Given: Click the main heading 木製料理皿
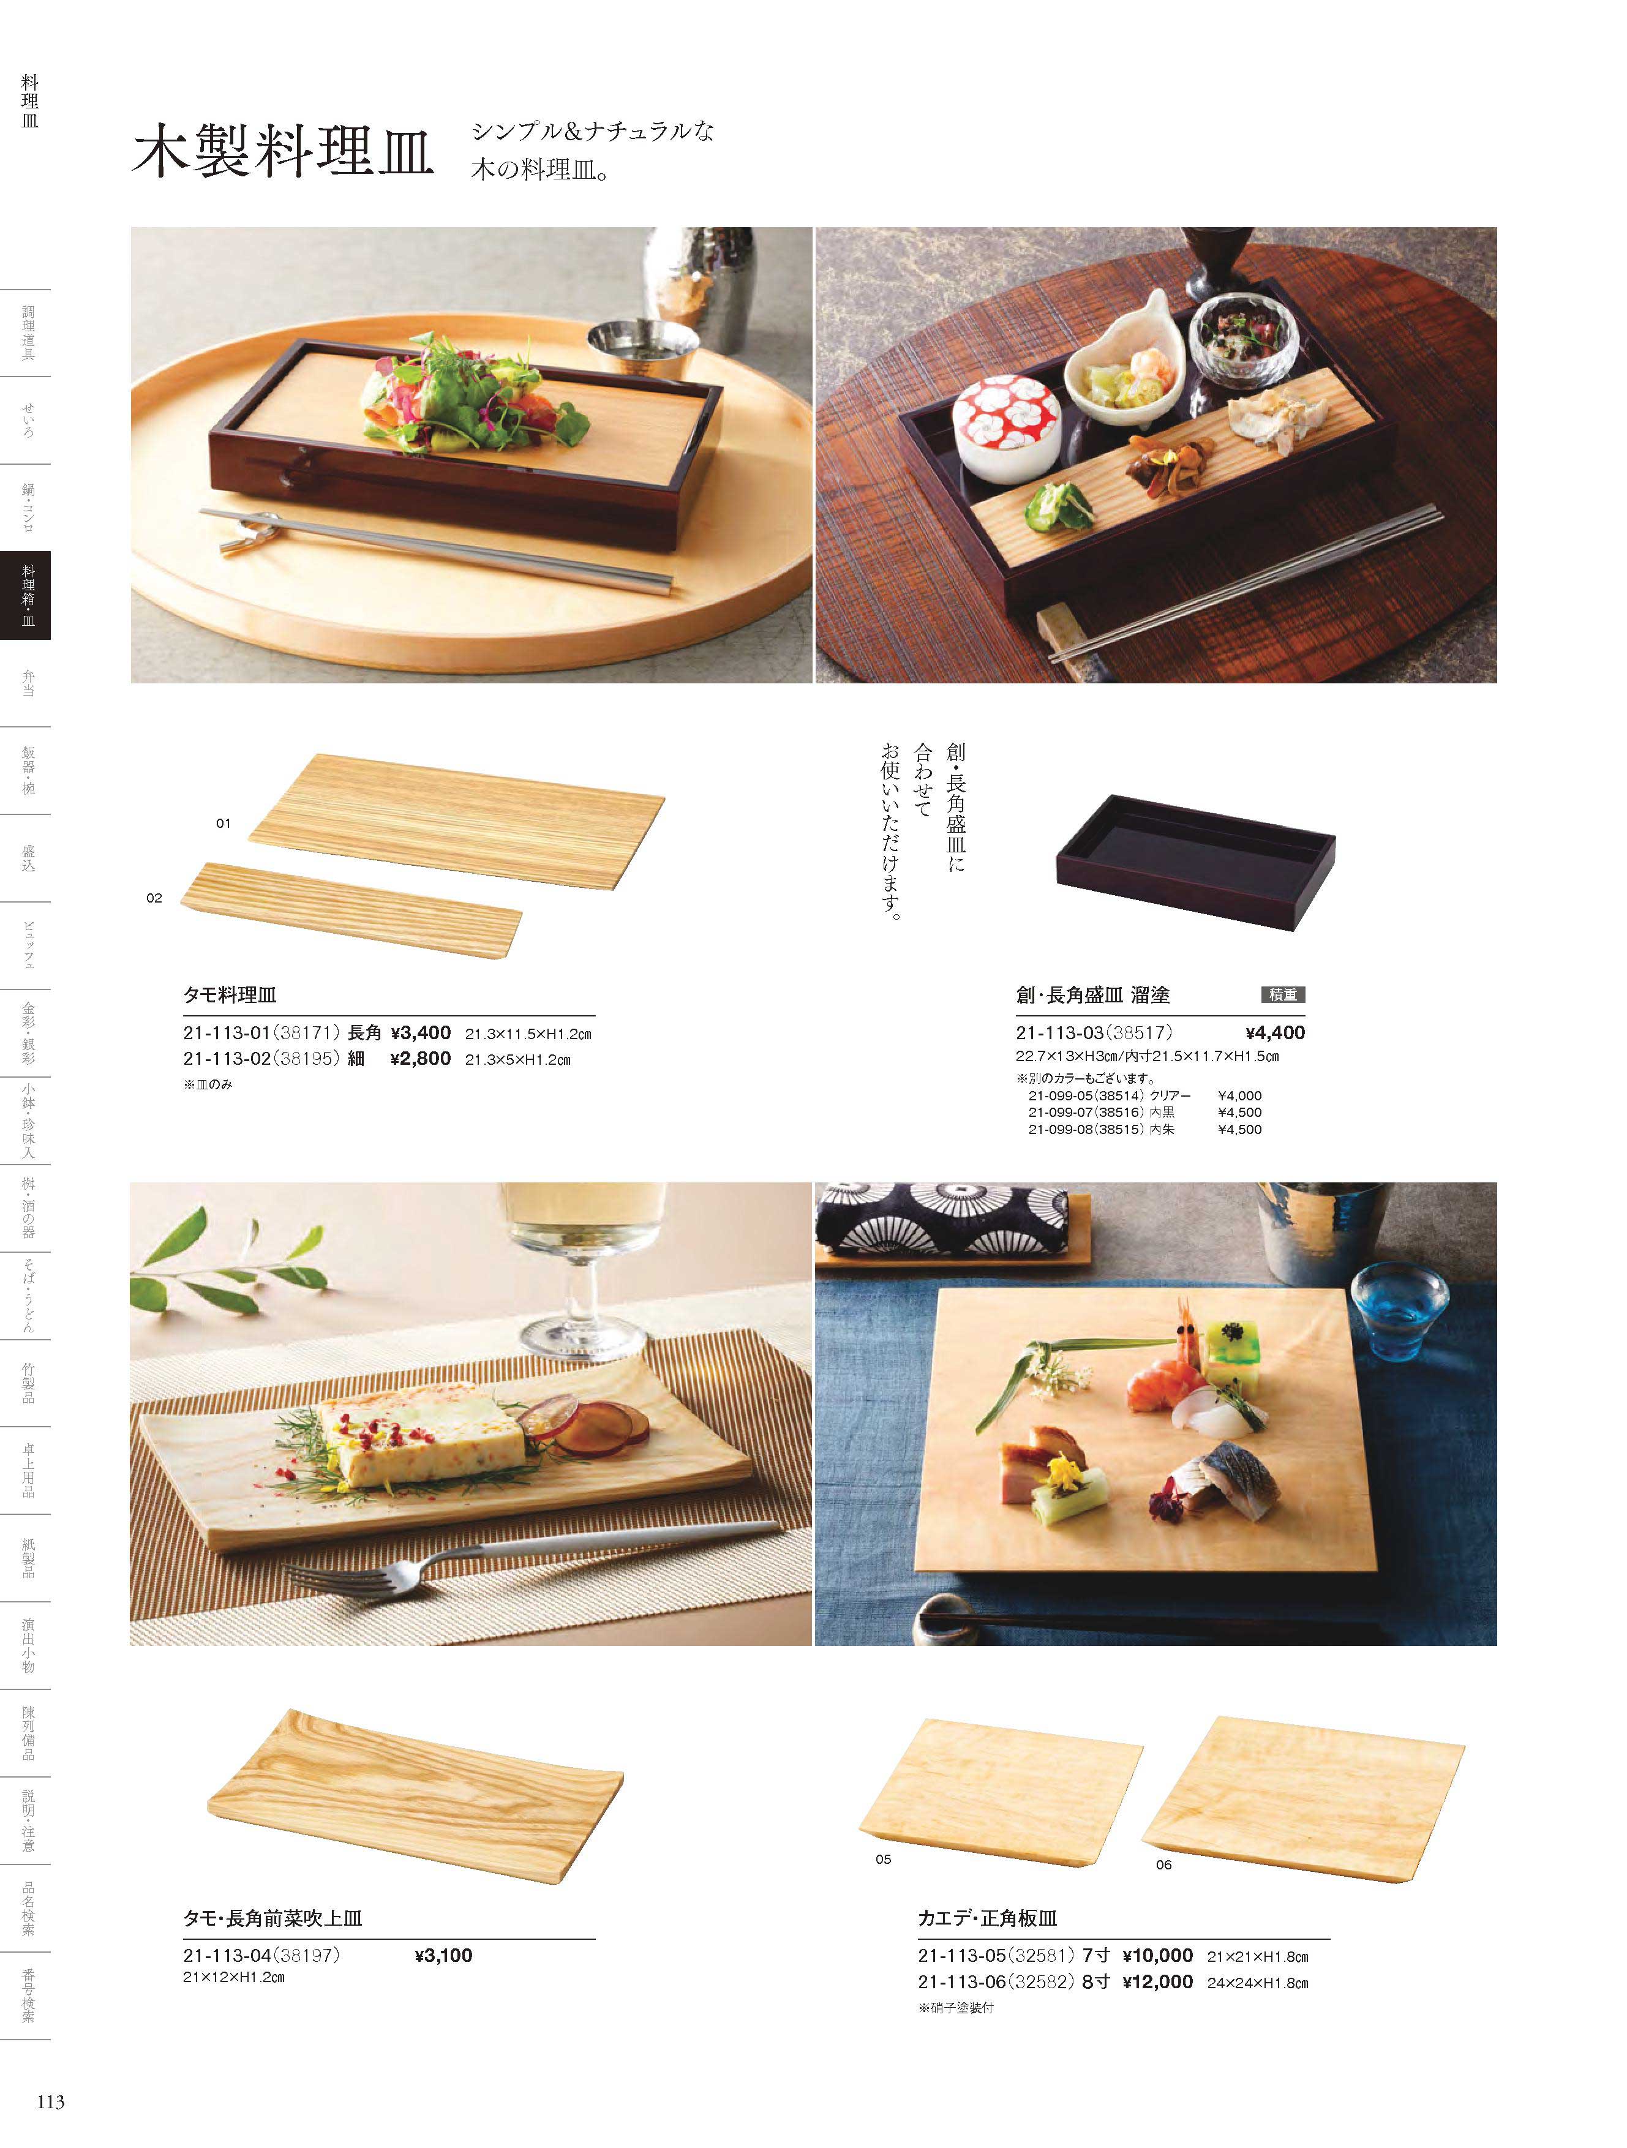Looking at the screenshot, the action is (x=283, y=151).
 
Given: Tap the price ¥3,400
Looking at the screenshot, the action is (x=421, y=1033).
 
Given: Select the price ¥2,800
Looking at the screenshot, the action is (x=421, y=1059).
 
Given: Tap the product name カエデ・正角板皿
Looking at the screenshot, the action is (x=988, y=1919).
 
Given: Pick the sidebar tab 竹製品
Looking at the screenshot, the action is (x=28, y=1382).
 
